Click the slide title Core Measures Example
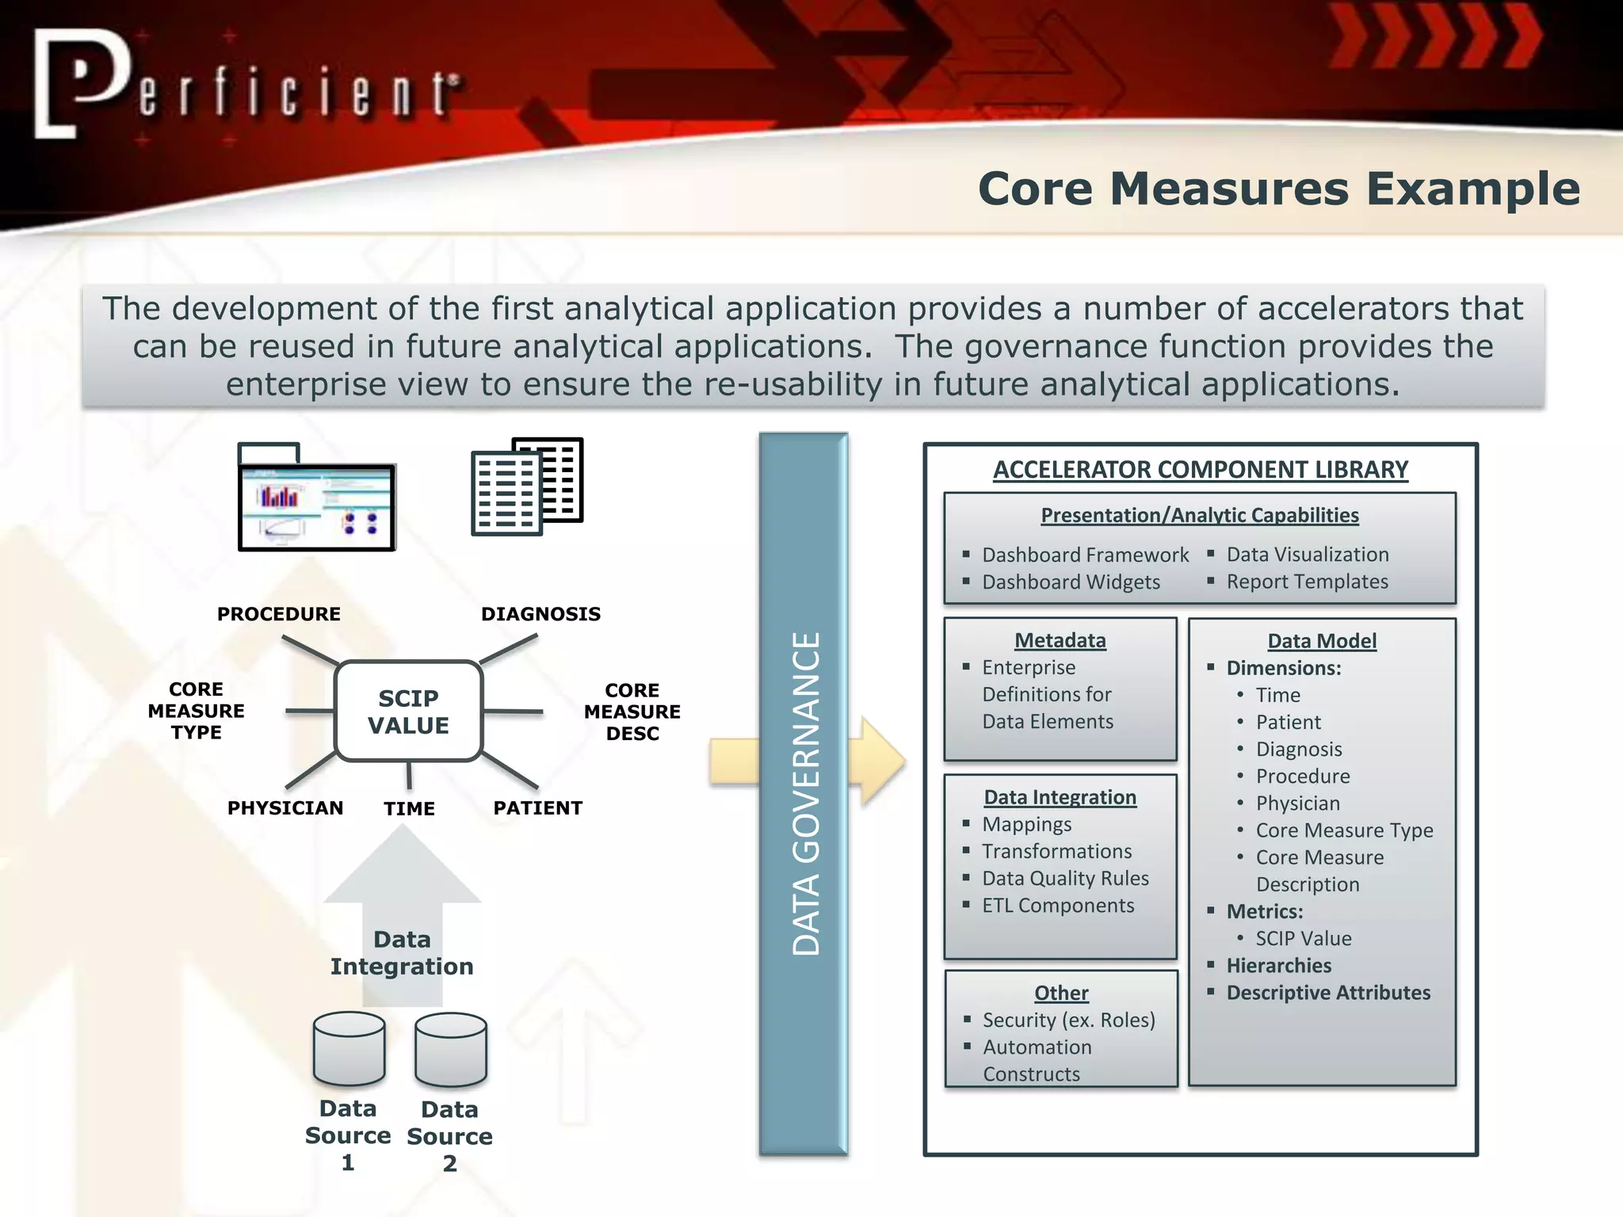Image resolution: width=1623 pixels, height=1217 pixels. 1278,189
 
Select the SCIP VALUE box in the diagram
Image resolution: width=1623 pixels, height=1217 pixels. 408,712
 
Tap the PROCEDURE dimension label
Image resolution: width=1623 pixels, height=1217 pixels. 279,614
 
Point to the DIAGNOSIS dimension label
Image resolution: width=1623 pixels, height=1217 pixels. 540,614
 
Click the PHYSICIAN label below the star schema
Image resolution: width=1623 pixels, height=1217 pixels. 285,808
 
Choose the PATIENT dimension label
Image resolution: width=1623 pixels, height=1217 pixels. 537,808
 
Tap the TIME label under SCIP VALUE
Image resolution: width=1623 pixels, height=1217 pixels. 409,809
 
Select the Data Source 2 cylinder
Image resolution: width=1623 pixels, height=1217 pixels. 450,1049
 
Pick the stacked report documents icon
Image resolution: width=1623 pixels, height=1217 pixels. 526,486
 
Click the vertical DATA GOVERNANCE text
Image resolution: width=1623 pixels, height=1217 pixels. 806,793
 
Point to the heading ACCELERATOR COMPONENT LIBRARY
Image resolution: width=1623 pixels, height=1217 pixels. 1200,470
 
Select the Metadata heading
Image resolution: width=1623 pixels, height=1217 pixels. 1060,640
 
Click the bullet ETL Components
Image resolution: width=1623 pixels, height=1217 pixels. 1057,906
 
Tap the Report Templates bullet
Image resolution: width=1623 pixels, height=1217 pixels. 1307,582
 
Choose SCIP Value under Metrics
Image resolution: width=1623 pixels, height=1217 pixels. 1303,939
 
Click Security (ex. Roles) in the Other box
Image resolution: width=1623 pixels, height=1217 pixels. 1068,1021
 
